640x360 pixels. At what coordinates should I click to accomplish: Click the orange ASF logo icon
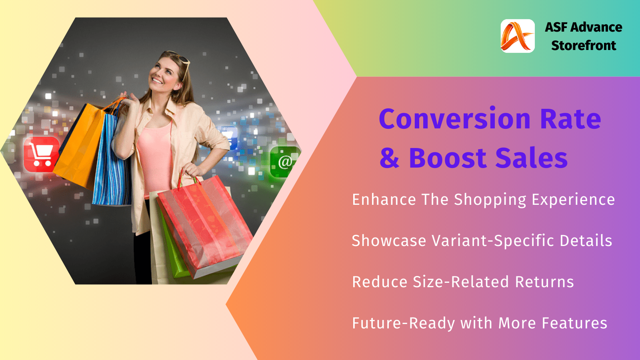(518, 36)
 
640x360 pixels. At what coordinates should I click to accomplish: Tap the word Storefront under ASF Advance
(584, 46)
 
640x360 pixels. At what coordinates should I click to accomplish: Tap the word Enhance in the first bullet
(384, 200)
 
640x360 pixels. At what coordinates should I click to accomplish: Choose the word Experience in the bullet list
(573, 200)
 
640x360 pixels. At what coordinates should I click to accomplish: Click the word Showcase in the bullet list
(389, 240)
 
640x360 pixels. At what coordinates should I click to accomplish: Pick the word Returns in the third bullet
(544, 282)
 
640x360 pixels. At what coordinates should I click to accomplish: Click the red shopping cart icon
(42, 154)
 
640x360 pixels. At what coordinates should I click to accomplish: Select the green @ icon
(284, 162)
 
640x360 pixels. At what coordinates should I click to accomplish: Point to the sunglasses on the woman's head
(178, 62)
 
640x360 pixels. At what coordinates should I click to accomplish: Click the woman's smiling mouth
(157, 80)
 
